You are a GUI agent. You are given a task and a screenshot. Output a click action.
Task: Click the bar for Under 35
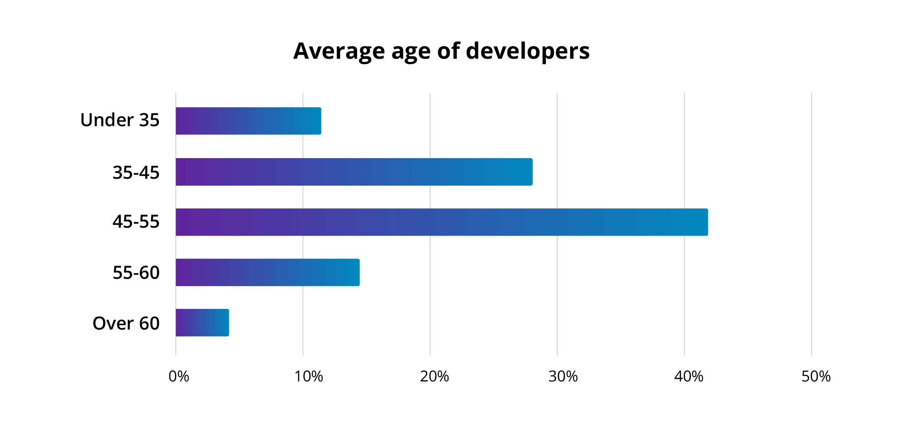(x=248, y=121)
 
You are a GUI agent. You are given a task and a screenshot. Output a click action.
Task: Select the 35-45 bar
(x=354, y=172)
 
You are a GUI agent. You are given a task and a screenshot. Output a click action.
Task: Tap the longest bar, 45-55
(x=441, y=222)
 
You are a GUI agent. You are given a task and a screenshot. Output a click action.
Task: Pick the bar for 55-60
(x=267, y=272)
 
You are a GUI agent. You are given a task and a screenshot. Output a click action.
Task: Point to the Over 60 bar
(x=202, y=323)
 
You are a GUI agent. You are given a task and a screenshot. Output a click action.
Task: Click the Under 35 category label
(x=120, y=120)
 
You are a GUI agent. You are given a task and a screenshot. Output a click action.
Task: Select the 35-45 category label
(x=136, y=172)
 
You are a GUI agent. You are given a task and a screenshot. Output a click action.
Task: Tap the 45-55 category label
(x=136, y=222)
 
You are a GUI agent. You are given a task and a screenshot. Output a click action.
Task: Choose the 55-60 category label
(x=136, y=273)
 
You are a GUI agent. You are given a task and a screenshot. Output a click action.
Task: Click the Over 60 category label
(x=126, y=323)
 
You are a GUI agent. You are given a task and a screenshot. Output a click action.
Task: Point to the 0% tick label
(x=179, y=377)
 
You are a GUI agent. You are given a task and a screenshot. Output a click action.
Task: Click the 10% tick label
(x=308, y=377)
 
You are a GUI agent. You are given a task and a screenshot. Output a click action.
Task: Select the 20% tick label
(x=434, y=377)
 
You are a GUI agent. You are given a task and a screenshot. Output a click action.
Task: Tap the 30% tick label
(x=563, y=377)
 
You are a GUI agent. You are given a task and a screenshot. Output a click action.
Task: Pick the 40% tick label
(x=688, y=377)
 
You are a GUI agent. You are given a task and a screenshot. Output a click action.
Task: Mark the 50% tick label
(x=816, y=377)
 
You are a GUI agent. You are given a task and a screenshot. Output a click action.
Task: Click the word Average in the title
(x=339, y=51)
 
